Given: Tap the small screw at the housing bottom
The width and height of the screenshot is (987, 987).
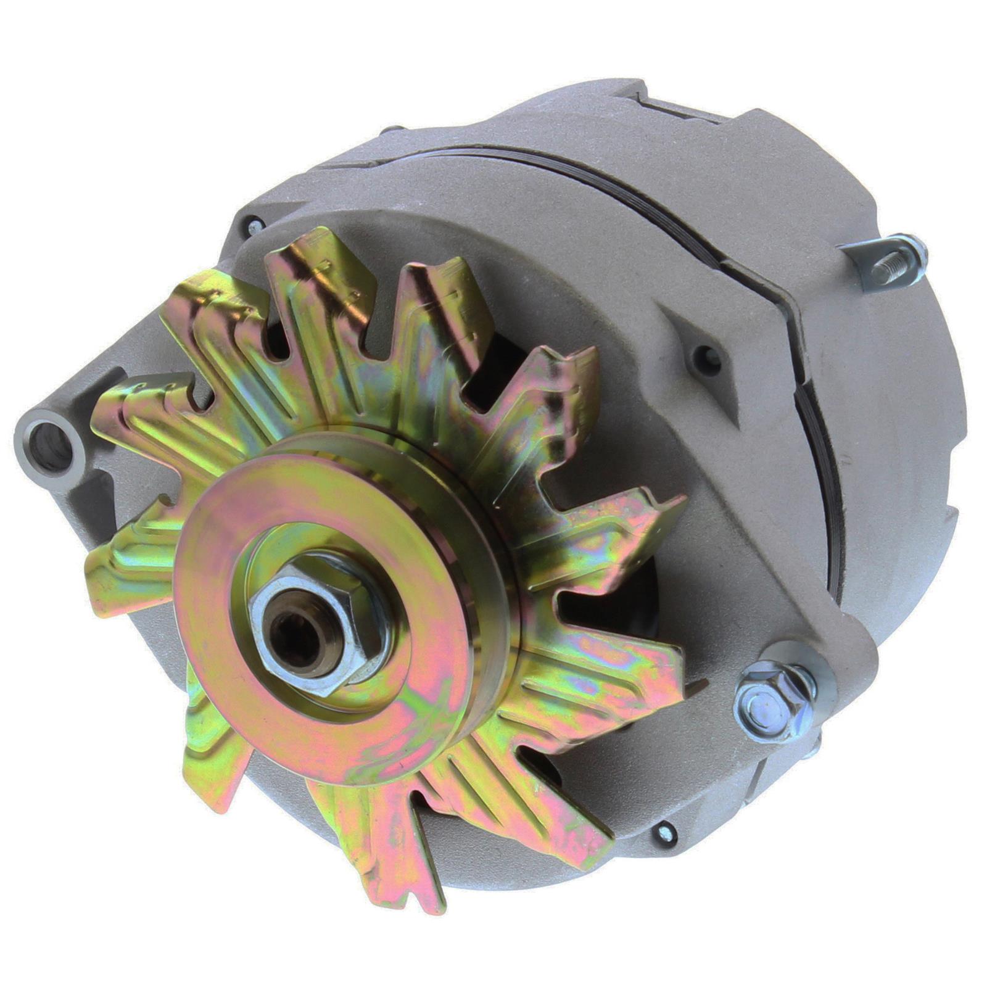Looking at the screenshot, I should coord(665,834).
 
